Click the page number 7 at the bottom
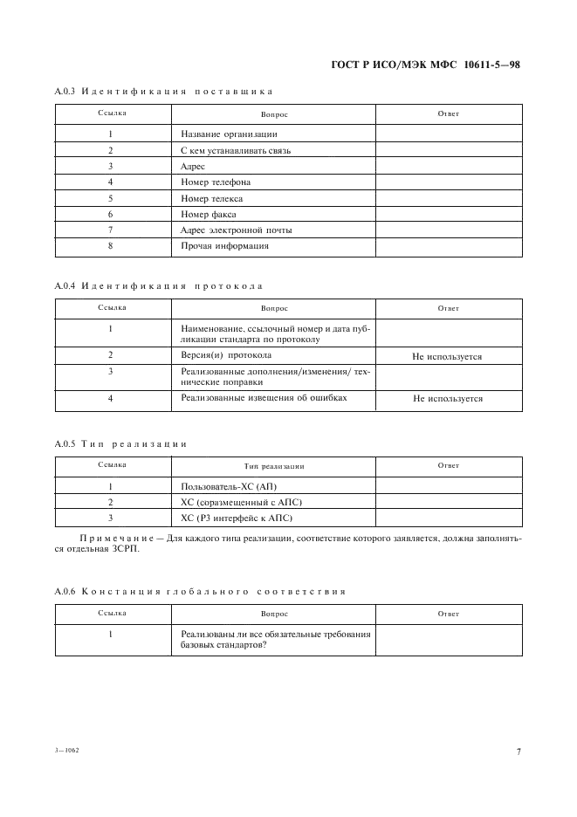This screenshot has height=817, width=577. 518,752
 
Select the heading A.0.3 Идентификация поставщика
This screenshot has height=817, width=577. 164,91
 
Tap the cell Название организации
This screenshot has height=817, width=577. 229,134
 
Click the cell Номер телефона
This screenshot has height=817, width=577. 216,182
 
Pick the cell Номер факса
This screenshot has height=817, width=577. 209,214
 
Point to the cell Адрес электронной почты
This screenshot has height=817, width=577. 236,230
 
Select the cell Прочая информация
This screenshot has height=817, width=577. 224,246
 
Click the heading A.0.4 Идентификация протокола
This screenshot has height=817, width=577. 158,286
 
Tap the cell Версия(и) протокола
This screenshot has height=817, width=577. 226,355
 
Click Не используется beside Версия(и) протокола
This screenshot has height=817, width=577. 448,356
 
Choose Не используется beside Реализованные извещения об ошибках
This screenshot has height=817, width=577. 448,398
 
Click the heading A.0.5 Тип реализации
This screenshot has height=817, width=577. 120,443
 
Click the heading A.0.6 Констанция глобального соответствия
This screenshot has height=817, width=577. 200,591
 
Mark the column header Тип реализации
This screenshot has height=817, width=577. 273,466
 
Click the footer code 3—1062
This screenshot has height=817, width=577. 66,751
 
